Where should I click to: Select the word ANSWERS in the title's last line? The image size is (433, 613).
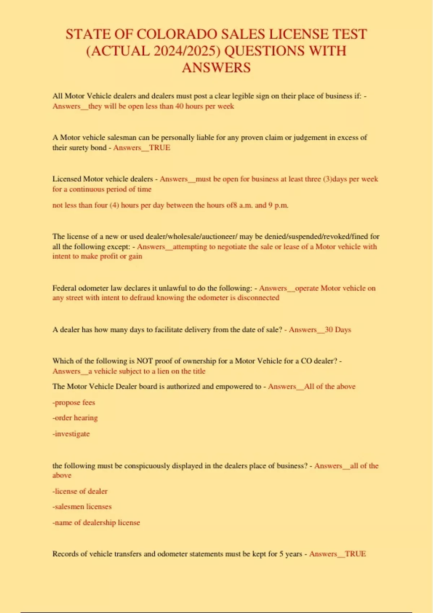click(216, 68)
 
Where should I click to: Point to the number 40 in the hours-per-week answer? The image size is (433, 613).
click(179, 106)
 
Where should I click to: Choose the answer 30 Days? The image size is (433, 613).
click(338, 330)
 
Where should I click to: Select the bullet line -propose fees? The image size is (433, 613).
click(74, 402)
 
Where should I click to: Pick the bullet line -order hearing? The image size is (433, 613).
click(75, 418)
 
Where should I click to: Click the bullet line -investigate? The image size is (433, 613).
click(71, 434)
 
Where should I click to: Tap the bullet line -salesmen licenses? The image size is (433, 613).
click(82, 507)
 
